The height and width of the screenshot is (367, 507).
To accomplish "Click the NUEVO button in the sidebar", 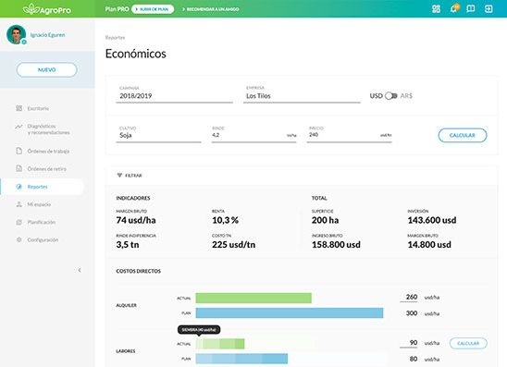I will tap(46, 69).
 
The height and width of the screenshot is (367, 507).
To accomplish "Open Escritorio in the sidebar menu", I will tap(38, 108).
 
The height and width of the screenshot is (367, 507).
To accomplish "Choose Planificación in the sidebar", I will tap(43, 222).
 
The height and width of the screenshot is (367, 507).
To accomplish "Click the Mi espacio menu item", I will tap(39, 204).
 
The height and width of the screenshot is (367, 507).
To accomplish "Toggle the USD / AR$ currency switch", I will tap(392, 95).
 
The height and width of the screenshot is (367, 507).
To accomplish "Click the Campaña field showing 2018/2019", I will tap(172, 95).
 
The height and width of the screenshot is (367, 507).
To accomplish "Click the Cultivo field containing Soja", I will tap(159, 135).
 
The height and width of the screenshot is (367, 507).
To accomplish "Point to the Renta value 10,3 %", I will tap(226, 220).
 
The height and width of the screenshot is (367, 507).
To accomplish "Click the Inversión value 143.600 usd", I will tap(432, 220).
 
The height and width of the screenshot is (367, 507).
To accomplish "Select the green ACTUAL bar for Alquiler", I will tap(253, 298).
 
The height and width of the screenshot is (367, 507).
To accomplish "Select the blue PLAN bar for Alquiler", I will tap(289, 313).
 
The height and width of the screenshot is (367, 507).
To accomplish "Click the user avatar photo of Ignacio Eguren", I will tap(16, 34).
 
